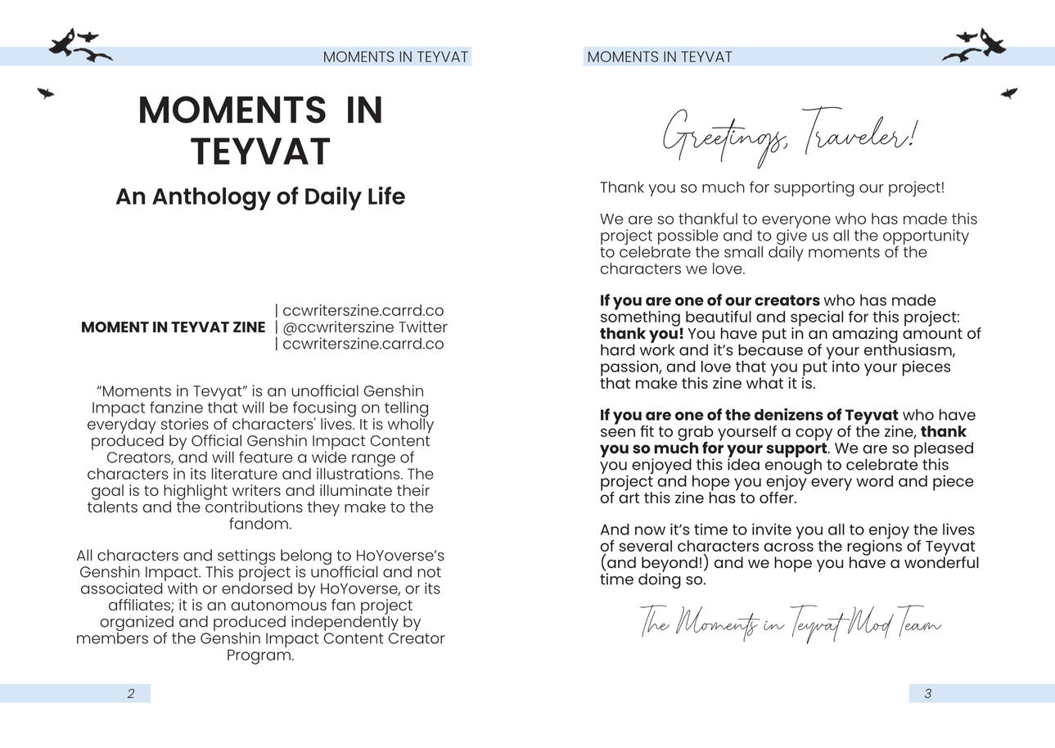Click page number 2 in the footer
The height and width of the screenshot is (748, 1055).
pyautogui.click(x=131, y=694)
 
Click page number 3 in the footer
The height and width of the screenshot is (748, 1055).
pyautogui.click(x=927, y=694)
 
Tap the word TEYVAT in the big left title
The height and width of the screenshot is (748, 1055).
pyautogui.click(x=260, y=152)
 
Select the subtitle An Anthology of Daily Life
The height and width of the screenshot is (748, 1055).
pyautogui.click(x=260, y=196)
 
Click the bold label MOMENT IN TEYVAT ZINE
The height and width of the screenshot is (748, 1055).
pyautogui.click(x=173, y=327)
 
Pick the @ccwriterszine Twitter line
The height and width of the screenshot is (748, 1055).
pyautogui.click(x=364, y=327)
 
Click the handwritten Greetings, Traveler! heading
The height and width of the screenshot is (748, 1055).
pyautogui.click(x=789, y=134)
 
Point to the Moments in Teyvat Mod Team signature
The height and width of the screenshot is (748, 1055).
pyautogui.click(x=790, y=624)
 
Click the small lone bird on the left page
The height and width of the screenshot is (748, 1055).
pyautogui.click(x=46, y=93)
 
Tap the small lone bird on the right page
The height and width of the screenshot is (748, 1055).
pyautogui.click(x=1009, y=93)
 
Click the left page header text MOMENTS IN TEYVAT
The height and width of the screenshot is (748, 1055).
pyautogui.click(x=395, y=57)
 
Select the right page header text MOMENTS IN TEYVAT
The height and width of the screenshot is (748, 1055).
pyautogui.click(x=660, y=57)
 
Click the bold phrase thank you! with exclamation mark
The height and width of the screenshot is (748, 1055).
pyautogui.click(x=642, y=334)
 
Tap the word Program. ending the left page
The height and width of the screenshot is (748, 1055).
pyautogui.click(x=260, y=656)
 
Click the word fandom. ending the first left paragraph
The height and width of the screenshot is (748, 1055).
pyautogui.click(x=260, y=524)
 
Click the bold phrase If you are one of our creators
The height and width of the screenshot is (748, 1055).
pyautogui.click(x=710, y=300)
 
